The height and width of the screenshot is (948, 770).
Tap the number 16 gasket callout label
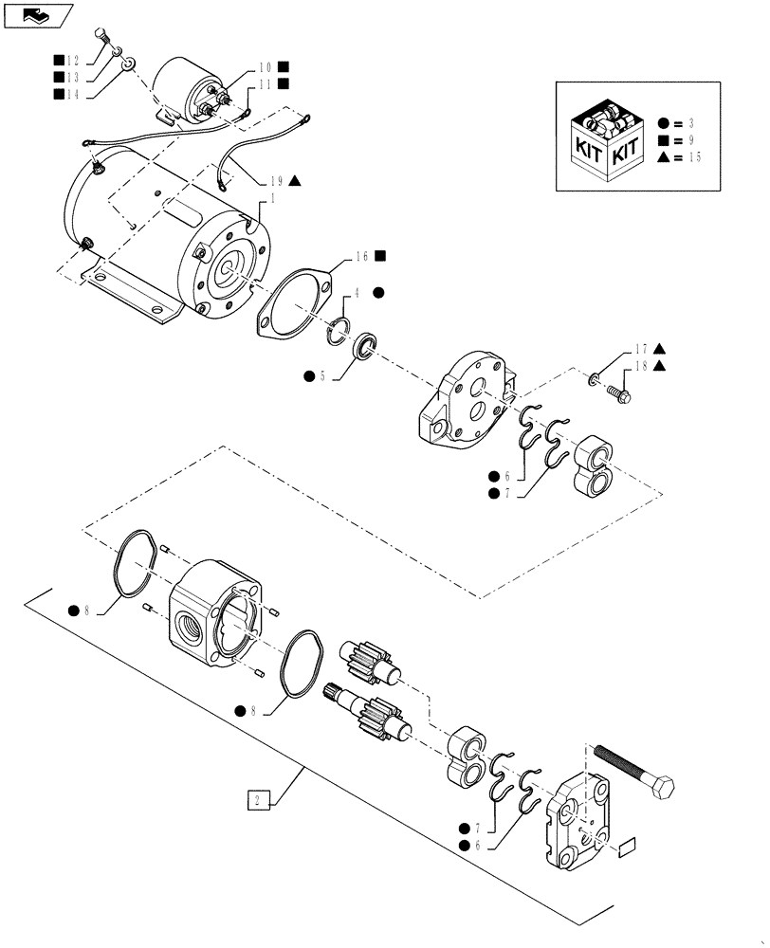pos(363,256)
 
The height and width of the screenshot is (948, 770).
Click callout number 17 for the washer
pos(641,348)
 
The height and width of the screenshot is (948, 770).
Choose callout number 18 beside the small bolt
pos(641,365)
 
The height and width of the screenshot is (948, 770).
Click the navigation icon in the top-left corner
pos(38,14)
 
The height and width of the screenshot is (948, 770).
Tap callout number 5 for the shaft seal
pos(321,376)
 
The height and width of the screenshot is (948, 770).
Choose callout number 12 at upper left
pos(72,60)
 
